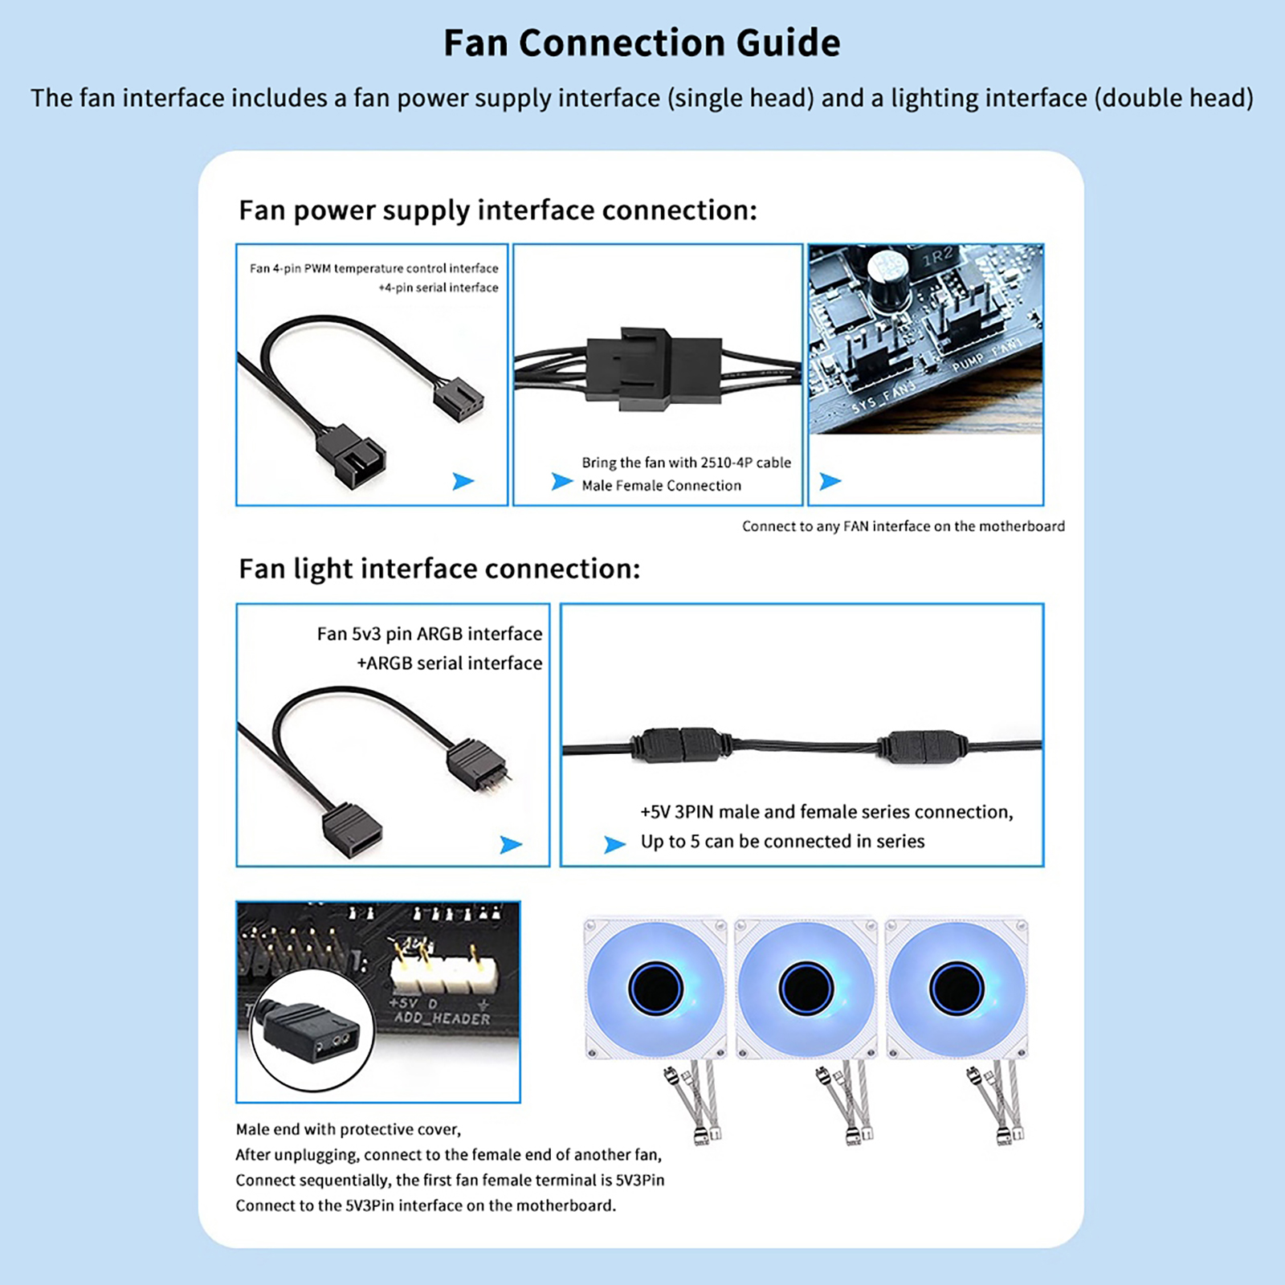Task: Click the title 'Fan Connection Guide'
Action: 642,43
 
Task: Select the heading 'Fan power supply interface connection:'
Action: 498,210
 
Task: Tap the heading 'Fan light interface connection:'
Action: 439,569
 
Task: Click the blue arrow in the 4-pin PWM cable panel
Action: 463,481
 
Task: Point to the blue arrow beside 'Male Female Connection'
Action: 561,481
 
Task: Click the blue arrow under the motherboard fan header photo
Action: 830,481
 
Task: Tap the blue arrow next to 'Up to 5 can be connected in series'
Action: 614,844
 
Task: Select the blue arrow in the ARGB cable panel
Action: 511,844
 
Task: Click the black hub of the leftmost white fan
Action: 655,987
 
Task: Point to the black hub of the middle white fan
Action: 806,987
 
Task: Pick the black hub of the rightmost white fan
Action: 956,987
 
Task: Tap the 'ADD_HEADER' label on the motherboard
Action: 442,1018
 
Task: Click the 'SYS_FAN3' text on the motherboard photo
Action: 883,397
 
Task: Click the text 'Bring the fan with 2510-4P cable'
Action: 686,463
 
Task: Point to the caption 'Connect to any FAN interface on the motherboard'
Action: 903,526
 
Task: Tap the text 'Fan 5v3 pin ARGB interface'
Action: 429,634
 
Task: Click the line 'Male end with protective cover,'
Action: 349,1129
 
